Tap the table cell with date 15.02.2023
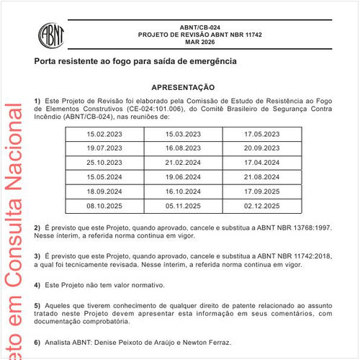[x=104, y=135]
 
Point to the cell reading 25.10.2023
[x=104, y=163]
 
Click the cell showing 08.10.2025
[x=104, y=205]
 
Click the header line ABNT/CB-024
[x=200, y=27]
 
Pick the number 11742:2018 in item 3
[x=311, y=256]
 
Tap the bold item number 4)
[x=37, y=284]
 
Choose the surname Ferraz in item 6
[x=217, y=341]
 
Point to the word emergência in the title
[x=211, y=62]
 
